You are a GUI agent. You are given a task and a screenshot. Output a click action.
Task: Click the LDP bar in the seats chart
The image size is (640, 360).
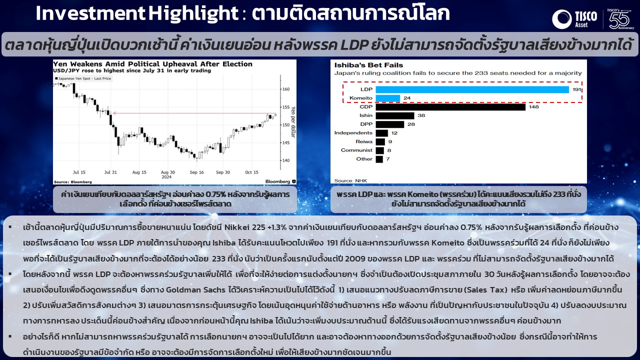click(x=472, y=89)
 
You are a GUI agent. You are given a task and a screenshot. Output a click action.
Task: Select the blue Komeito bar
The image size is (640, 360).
click(x=387, y=98)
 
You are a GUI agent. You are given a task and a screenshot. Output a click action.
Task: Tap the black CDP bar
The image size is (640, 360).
click(x=450, y=107)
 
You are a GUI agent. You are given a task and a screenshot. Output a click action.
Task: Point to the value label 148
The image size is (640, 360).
click(x=533, y=107)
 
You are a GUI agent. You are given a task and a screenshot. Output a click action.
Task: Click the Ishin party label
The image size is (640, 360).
click(x=366, y=115)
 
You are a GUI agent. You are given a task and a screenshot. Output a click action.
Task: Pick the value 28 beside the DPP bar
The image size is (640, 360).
click(x=411, y=124)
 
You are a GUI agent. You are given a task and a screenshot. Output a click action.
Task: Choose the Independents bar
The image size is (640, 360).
click(x=381, y=133)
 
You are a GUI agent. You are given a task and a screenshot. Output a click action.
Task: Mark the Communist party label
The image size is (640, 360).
click(x=356, y=150)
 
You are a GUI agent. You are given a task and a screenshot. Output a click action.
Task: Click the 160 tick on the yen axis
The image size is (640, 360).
click(x=286, y=89)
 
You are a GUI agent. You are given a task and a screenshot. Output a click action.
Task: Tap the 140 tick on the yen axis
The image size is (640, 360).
click(x=286, y=160)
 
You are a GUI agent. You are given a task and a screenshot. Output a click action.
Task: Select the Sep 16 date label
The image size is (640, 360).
click(x=197, y=172)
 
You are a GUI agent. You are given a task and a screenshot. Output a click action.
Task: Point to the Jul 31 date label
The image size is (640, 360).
click(x=110, y=172)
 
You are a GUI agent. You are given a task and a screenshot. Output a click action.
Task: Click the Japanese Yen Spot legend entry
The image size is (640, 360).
click(x=83, y=78)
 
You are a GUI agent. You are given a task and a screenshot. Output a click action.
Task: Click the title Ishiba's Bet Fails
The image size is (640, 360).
click(x=368, y=65)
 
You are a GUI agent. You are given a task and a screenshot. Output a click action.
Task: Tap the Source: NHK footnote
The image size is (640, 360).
click(x=350, y=180)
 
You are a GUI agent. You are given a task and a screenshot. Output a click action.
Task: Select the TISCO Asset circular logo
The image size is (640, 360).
click(x=561, y=19)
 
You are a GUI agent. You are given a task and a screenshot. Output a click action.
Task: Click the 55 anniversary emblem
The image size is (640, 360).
click(x=619, y=19)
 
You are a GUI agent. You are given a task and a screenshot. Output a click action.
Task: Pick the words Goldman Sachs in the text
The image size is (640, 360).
click(x=195, y=289)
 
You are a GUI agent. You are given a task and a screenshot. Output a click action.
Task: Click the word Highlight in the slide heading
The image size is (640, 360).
click(x=193, y=13)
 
